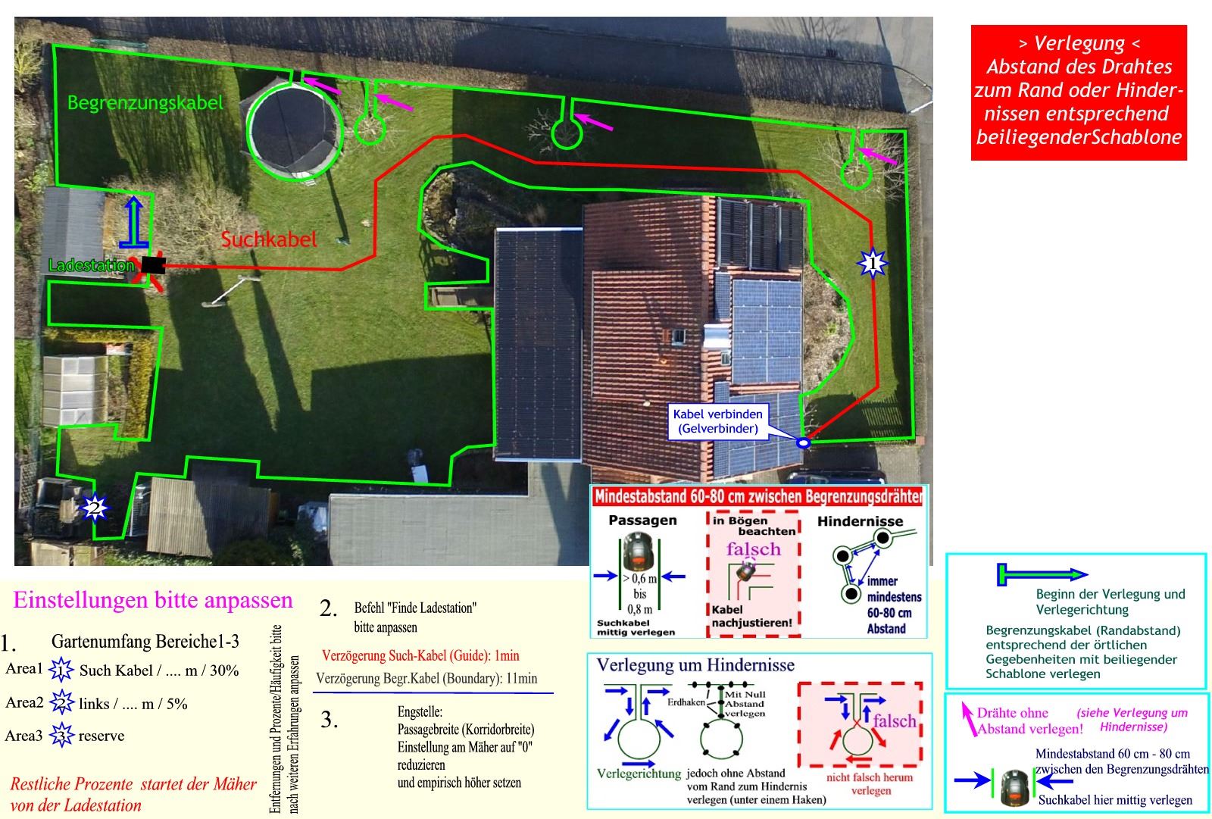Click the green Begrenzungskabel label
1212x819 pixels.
[145, 102]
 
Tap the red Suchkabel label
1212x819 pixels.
[268, 239]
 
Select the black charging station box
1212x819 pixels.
[153, 264]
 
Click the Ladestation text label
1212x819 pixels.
[91, 265]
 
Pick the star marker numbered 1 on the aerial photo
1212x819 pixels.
[872, 264]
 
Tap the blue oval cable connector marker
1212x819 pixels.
[803, 442]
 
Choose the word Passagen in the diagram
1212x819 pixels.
[642, 521]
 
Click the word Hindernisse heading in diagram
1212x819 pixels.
[860, 521]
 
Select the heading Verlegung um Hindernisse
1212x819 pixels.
[695, 665]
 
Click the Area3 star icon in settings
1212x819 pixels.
[61, 736]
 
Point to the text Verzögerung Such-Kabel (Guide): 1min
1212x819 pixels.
[420, 655]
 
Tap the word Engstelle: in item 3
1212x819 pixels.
[420, 712]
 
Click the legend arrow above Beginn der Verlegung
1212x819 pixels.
[1042, 575]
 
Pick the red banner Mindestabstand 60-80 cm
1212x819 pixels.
[757, 497]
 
